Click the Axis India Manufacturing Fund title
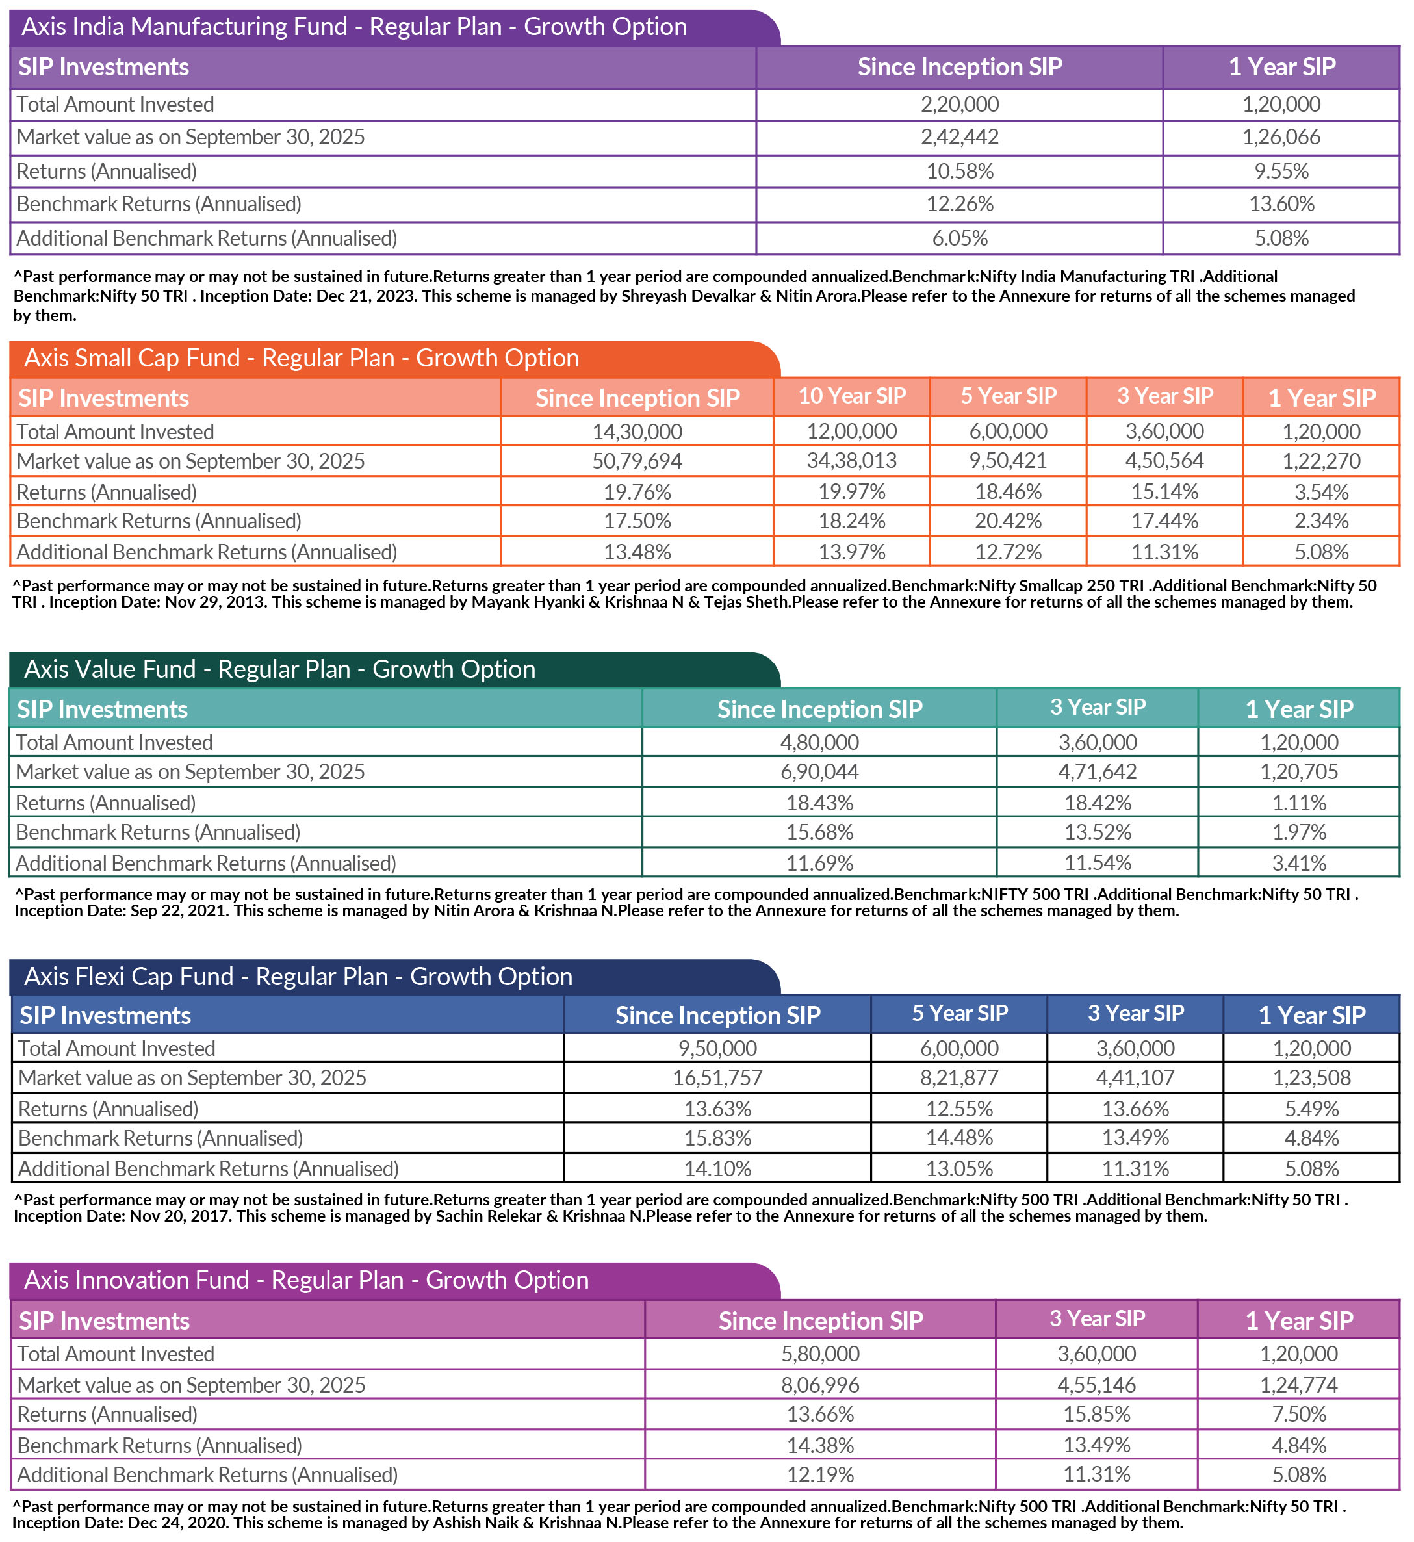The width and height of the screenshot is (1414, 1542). coord(353,27)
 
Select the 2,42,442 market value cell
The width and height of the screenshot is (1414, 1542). coord(960,137)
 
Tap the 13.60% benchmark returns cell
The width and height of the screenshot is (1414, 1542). coord(1281,204)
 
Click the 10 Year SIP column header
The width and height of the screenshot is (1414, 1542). coord(852,396)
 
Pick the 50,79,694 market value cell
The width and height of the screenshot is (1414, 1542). coord(637,461)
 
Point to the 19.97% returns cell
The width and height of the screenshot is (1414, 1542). coord(852,491)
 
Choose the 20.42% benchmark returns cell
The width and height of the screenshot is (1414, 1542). coord(1008,521)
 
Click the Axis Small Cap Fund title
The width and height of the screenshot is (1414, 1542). coord(302,358)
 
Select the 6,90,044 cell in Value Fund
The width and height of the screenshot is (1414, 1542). coord(819,771)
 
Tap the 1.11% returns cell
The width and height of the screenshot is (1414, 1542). coord(1298,803)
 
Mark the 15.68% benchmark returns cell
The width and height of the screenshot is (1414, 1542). coord(819,832)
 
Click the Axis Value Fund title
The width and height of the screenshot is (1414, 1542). coord(279,669)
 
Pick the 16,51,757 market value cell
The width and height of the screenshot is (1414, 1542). coord(717,1077)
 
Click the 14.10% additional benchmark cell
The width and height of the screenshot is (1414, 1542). coord(717,1168)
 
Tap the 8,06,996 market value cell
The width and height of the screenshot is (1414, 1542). coord(820,1385)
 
